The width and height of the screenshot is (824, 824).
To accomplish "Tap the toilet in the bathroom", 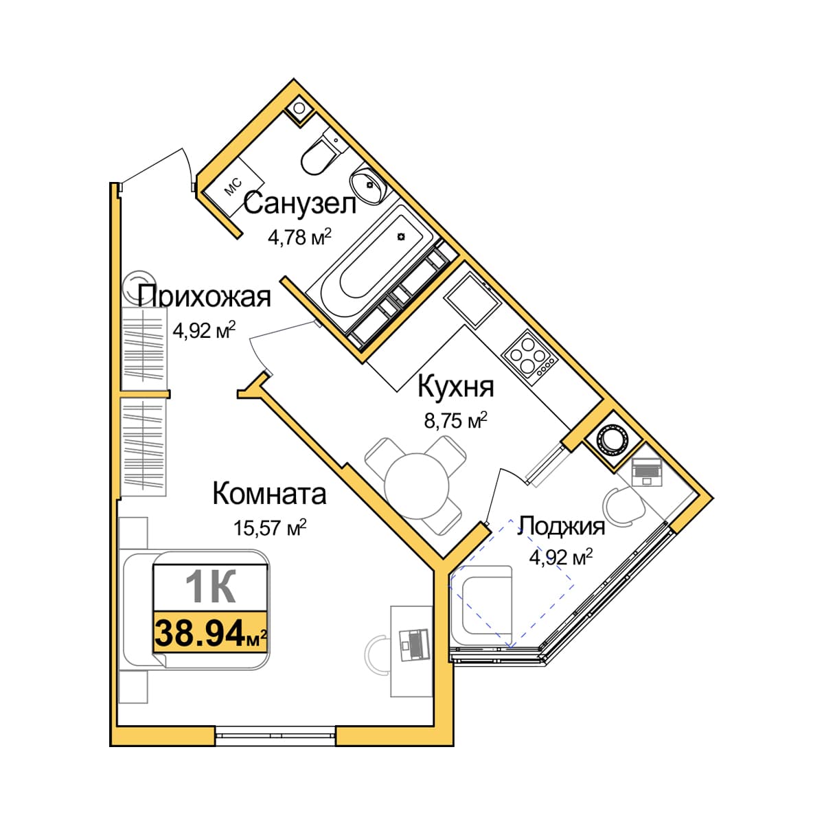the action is point(322,154).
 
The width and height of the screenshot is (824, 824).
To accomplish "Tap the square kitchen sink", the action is point(472,301).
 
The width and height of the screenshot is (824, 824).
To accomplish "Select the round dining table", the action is point(417,486).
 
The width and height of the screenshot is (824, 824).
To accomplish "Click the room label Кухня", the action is point(455,386).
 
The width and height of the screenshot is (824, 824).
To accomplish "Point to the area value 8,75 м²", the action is point(456,420).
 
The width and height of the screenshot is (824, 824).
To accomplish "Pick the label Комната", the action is point(269,494).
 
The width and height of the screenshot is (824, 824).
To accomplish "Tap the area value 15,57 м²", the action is point(270,527).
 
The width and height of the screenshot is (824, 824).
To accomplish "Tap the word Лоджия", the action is point(561,527).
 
